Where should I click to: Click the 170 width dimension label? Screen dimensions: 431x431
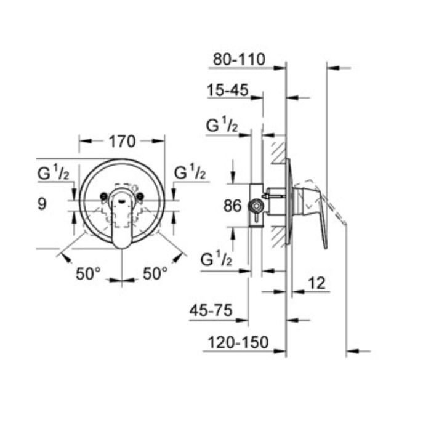pos(122,141)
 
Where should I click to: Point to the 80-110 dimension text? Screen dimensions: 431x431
pos(238,60)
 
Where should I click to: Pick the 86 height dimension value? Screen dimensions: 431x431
pos(232,206)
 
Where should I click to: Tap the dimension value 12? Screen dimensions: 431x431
pos(315,283)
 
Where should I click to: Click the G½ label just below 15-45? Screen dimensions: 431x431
pos(222,126)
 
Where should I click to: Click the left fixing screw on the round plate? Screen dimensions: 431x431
pos(103,197)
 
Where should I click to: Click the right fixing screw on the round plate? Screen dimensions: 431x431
pos(141,197)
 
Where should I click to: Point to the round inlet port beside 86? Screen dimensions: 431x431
pos(254,206)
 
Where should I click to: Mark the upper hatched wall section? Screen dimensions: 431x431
pos(275,151)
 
